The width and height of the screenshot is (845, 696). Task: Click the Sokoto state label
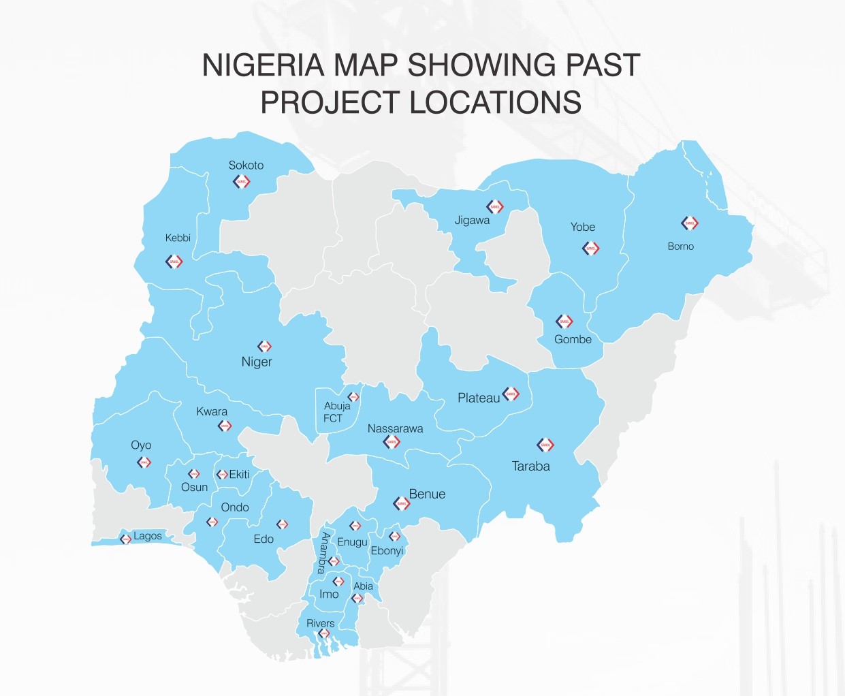(x=246, y=165)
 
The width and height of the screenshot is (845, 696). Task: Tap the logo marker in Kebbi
(x=174, y=262)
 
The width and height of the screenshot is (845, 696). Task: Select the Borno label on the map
(x=680, y=247)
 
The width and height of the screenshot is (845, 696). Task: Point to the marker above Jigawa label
(x=495, y=206)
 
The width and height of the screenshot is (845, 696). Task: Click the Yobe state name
(x=583, y=227)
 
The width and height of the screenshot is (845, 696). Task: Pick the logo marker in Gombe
(x=564, y=321)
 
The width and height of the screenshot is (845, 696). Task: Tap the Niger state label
(x=257, y=362)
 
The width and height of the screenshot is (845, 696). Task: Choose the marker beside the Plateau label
(x=511, y=394)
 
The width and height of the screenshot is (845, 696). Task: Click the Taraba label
(x=531, y=466)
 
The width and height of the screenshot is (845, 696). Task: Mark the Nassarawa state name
(x=395, y=429)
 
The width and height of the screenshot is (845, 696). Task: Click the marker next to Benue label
(x=402, y=504)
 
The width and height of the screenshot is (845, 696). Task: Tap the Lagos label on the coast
(x=148, y=536)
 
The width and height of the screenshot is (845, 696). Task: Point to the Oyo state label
(x=141, y=445)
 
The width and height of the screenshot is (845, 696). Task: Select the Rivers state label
(x=321, y=623)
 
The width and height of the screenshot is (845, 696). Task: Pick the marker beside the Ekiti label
(x=222, y=475)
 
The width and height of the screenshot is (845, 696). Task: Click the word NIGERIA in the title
(x=263, y=65)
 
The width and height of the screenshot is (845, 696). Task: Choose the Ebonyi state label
(x=387, y=551)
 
